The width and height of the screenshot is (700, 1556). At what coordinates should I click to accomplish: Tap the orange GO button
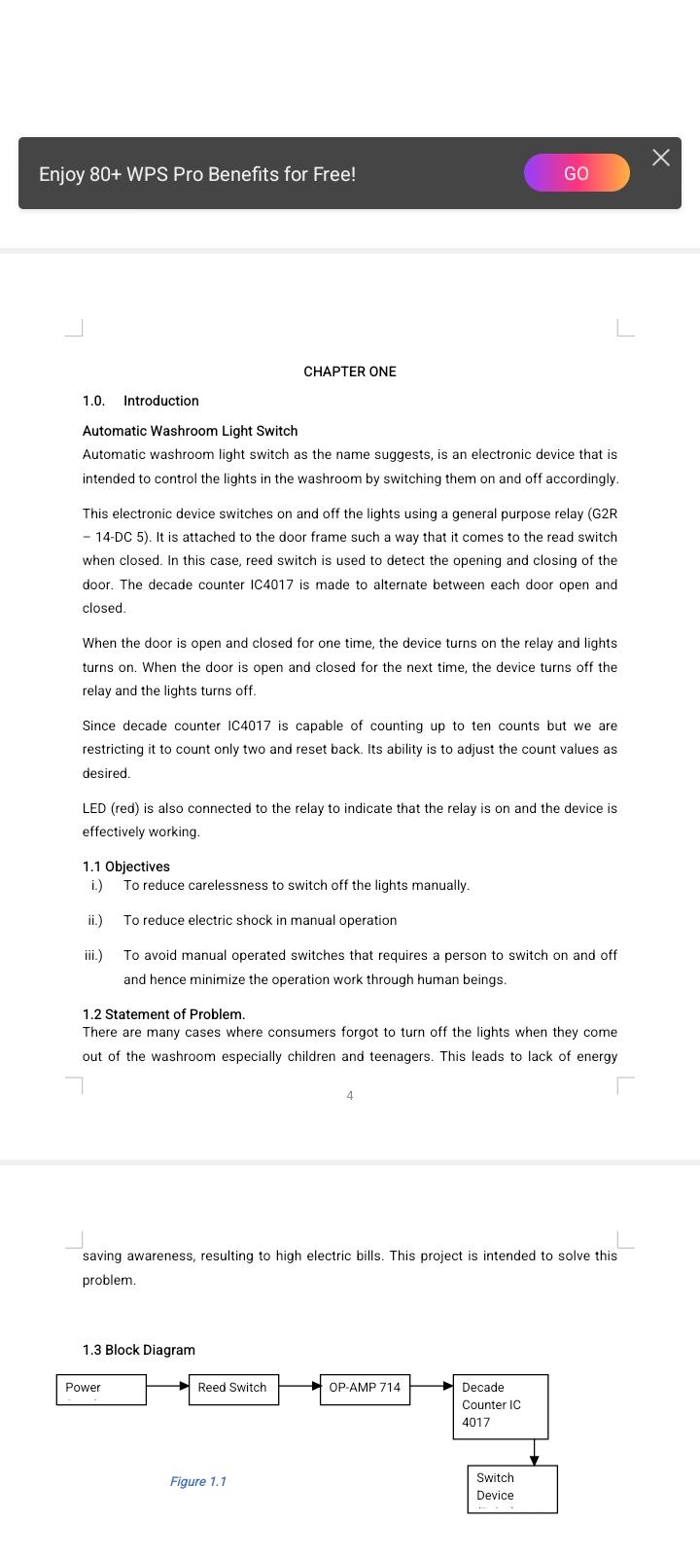pyautogui.click(x=577, y=173)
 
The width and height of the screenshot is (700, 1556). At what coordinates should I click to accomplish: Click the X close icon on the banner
pyautogui.click(x=661, y=158)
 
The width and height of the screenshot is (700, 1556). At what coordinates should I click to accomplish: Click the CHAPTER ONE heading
pyautogui.click(x=350, y=371)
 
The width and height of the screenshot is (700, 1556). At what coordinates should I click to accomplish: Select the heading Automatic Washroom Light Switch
pyautogui.click(x=191, y=431)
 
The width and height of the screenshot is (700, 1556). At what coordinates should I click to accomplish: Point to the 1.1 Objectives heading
pyautogui.click(x=126, y=866)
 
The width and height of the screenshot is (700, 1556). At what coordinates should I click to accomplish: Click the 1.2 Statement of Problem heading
pyautogui.click(x=163, y=1014)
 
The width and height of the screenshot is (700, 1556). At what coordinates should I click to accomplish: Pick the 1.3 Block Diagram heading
pyautogui.click(x=139, y=1350)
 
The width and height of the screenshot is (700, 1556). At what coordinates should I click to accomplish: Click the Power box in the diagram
pyautogui.click(x=101, y=1389)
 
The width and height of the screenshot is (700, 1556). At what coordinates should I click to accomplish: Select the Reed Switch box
pyautogui.click(x=233, y=1389)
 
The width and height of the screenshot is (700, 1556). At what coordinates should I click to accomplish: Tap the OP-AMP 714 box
pyautogui.click(x=365, y=1389)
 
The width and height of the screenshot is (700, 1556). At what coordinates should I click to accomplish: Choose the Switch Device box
pyautogui.click(x=512, y=1489)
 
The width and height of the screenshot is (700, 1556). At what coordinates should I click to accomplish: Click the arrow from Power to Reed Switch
pyautogui.click(x=167, y=1387)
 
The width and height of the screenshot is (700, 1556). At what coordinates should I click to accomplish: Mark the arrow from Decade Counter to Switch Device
pyautogui.click(x=534, y=1453)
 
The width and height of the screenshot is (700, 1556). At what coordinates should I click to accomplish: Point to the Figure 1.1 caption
pyautogui.click(x=198, y=1481)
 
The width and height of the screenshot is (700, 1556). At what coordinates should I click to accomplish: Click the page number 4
pyautogui.click(x=350, y=1096)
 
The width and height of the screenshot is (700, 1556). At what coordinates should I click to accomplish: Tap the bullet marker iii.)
pyautogui.click(x=93, y=956)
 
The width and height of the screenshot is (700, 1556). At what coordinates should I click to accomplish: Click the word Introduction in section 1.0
pyautogui.click(x=161, y=401)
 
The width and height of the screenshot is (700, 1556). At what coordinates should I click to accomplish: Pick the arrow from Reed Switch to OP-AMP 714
pyautogui.click(x=299, y=1387)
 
